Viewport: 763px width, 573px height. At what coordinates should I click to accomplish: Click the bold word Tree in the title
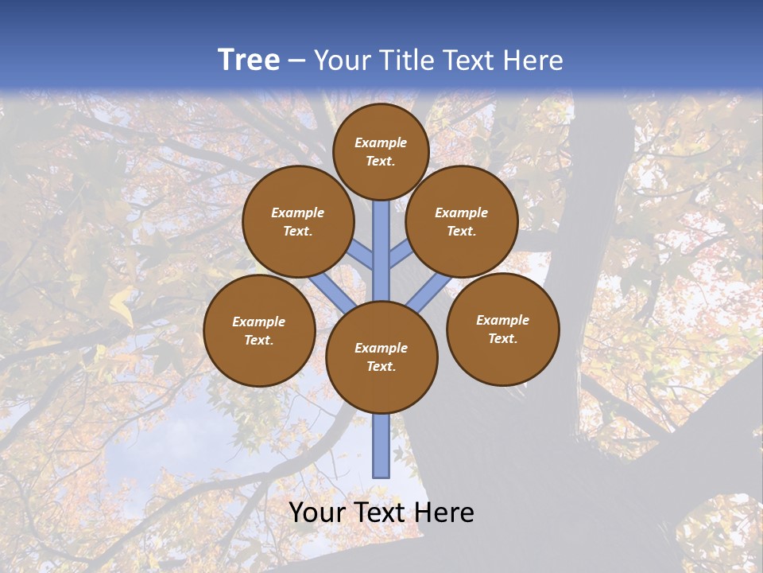coord(249,60)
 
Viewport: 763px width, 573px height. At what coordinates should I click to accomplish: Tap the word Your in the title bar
coord(342,60)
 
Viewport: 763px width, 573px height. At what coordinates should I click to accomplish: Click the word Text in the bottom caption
coord(382,513)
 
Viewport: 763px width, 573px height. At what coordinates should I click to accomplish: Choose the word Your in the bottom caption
coord(316,513)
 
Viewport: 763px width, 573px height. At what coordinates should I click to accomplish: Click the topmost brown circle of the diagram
coord(381,151)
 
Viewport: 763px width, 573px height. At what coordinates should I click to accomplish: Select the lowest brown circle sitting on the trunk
coord(381,357)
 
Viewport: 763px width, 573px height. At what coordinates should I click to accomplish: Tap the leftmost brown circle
coord(259,330)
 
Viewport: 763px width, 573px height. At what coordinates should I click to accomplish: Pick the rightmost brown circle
coord(502,329)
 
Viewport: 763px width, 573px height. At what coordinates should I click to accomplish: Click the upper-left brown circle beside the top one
coord(298,221)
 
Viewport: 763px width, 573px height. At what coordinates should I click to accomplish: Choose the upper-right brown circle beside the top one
coord(462,221)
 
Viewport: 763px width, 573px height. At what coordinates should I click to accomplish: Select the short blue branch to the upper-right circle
coord(401,256)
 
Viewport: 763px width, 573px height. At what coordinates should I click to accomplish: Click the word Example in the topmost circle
coord(381,143)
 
